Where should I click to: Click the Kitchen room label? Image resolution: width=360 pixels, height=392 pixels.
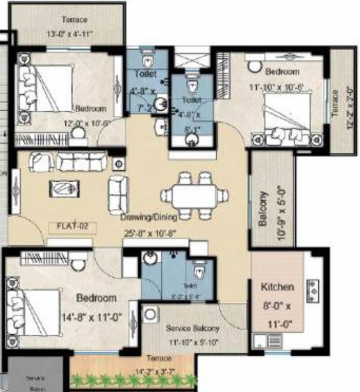277,287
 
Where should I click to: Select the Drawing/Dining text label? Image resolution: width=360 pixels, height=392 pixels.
149,217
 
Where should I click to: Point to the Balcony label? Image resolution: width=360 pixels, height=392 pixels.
263,209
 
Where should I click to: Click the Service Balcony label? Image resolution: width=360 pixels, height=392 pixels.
193,329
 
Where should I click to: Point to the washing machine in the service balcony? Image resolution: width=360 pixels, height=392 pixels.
150,314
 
